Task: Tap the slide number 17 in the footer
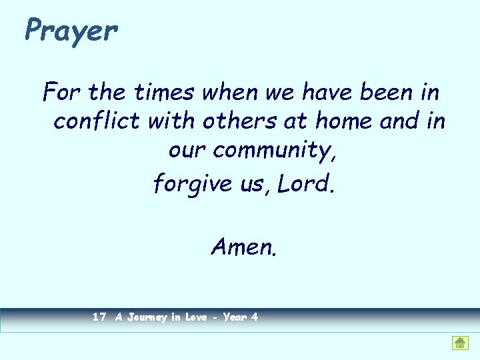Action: (99, 317)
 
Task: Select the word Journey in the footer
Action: (146, 318)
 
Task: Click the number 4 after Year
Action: (254, 317)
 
